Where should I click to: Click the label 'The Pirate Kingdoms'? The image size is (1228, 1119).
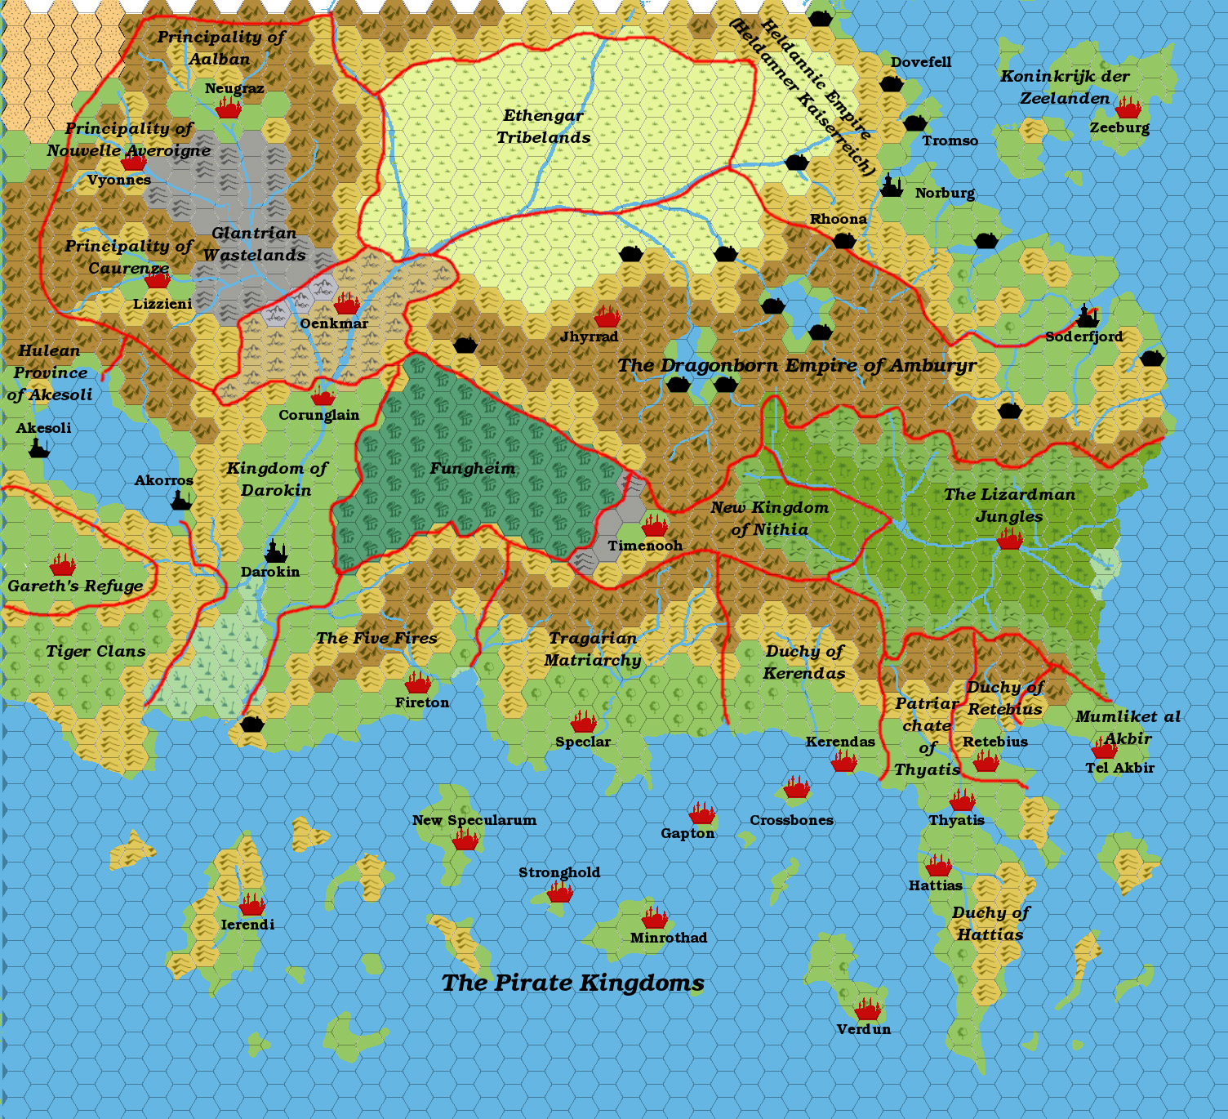[572, 983]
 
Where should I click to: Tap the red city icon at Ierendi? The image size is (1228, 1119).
[252, 904]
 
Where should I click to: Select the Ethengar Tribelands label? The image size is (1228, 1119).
[544, 127]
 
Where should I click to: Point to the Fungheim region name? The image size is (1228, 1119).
[473, 468]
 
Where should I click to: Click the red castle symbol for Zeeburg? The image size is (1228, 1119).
[1128, 108]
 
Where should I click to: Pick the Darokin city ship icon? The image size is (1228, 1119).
[276, 553]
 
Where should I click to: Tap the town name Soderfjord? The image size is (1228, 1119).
[1083, 337]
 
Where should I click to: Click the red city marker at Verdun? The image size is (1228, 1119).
[868, 1010]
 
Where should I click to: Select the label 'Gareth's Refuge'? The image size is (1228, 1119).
[75, 586]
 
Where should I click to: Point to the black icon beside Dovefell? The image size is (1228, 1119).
[892, 83]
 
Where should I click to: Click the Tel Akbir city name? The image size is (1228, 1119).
[1119, 768]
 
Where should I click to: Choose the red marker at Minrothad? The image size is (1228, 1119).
[654, 918]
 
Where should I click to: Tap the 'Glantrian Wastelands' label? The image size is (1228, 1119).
[254, 244]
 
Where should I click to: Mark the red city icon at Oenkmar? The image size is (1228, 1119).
[347, 304]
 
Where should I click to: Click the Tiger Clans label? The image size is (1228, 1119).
[96, 651]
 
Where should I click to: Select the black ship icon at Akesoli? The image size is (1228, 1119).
[39, 448]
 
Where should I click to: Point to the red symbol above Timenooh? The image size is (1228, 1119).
[654, 525]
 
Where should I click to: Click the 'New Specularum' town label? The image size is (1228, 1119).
[474, 820]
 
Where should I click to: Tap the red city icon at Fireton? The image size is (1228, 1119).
[418, 682]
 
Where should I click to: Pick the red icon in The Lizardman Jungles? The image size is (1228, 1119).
[1010, 539]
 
